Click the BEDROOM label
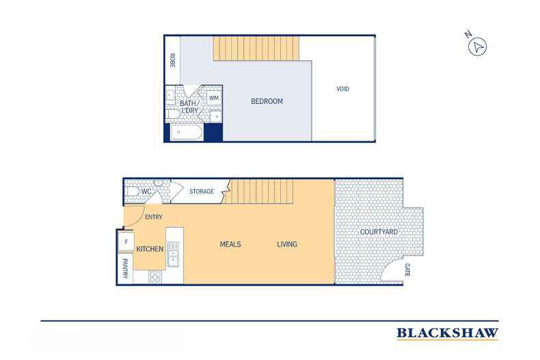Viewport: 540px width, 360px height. click(267, 101)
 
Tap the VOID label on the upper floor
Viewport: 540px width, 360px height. click(342, 89)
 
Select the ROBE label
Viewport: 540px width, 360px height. click(172, 61)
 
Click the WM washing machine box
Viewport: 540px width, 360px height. click(214, 98)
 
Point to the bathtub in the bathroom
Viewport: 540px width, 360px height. click(187, 132)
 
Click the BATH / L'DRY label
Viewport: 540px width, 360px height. click(190, 107)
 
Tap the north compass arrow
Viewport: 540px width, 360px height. click(477, 47)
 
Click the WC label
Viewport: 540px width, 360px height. click(146, 191)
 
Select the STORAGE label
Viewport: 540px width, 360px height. click(202, 191)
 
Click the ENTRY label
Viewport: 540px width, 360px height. click(154, 217)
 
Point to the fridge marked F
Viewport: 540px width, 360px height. click(126, 242)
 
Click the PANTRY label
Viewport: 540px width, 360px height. click(125, 268)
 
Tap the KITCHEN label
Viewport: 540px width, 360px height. click(150, 249)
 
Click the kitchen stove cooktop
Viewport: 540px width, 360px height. click(155, 277)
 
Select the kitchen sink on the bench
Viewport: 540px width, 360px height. click(173, 254)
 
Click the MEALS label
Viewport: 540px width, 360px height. click(230, 245)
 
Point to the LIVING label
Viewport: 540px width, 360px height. click(287, 245)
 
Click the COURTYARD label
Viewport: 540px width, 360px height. click(379, 232)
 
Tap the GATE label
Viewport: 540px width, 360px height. click(407, 270)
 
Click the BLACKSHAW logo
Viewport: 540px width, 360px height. click(447, 333)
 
